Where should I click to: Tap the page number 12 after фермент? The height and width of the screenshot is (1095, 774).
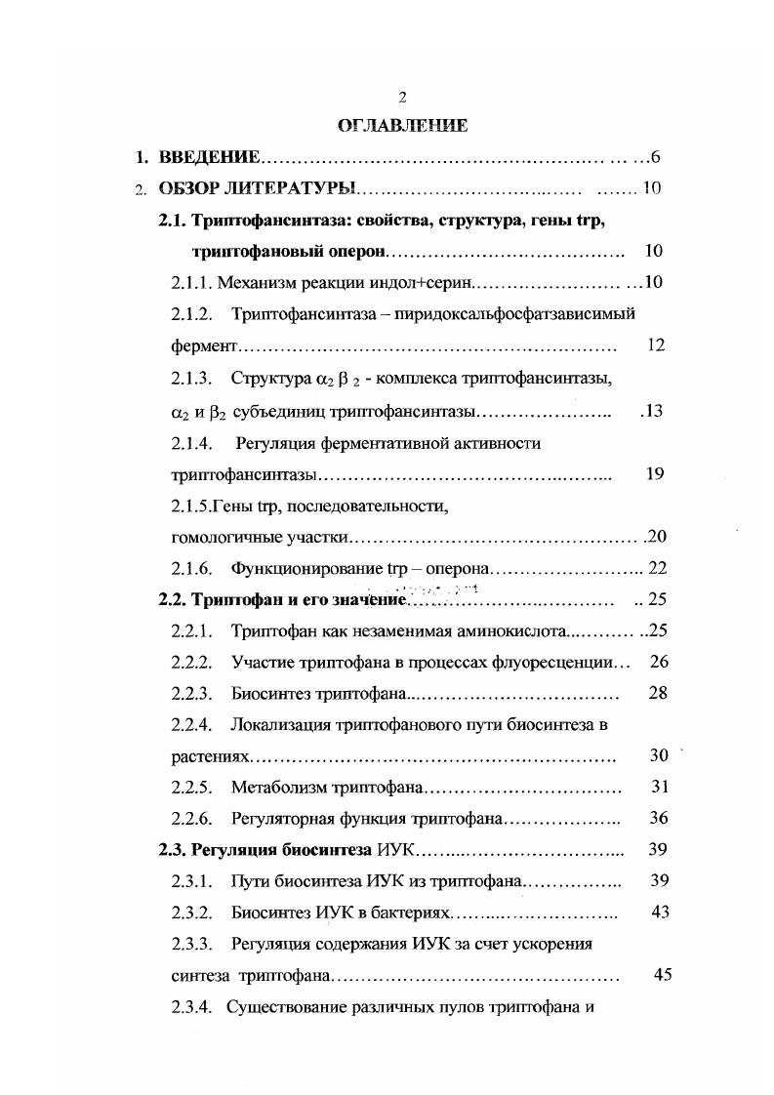coord(655,345)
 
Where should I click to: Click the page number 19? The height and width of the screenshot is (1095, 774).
coord(655,474)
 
